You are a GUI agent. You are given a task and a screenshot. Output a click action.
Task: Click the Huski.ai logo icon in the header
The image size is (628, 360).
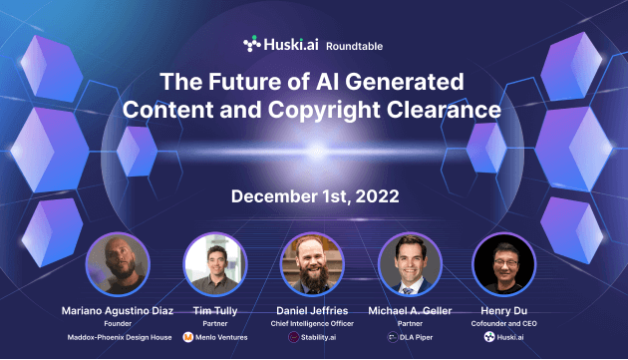click(x=252, y=44)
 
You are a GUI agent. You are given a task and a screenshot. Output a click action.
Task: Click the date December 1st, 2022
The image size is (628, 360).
click(x=314, y=195)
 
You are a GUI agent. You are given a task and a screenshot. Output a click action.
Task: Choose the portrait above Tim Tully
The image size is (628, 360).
click(x=215, y=265)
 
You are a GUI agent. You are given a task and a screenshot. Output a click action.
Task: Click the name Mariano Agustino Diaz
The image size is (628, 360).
click(x=118, y=310)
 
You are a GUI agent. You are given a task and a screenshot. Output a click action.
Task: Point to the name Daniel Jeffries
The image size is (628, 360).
click(x=313, y=310)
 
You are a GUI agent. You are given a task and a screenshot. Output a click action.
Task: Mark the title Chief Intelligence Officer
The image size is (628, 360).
click(x=313, y=323)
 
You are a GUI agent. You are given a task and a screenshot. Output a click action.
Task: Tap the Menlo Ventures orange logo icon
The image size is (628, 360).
click(x=187, y=338)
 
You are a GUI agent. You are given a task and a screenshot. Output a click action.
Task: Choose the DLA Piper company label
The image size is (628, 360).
click(x=417, y=338)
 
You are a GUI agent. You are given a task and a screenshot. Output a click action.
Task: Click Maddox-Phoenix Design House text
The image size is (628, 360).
click(x=118, y=338)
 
